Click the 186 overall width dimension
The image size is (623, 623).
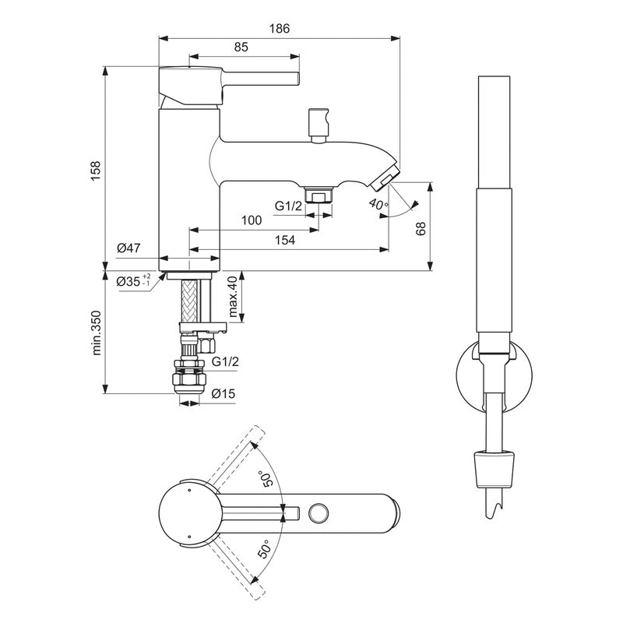tap(280, 28)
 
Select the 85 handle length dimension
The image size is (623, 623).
tap(241, 48)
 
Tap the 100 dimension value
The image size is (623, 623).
tap(251, 220)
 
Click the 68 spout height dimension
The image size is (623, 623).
tap(421, 227)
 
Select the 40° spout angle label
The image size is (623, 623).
tap(378, 205)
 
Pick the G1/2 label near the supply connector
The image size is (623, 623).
tap(224, 362)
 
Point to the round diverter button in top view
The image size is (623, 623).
tap(318, 512)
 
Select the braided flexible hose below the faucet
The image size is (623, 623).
tap(188, 303)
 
